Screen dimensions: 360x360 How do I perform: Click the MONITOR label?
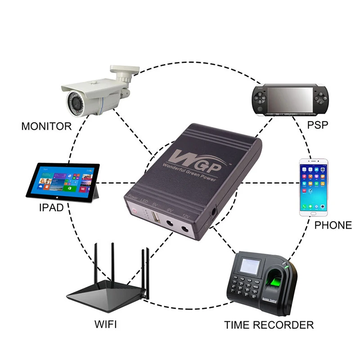coord(46,126)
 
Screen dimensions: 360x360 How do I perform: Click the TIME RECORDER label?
coord(269,324)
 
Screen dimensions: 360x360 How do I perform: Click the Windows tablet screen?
coord(63,180)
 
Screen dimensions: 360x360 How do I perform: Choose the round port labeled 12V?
coord(185,230)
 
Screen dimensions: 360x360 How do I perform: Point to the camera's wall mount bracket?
coord(124,72)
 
